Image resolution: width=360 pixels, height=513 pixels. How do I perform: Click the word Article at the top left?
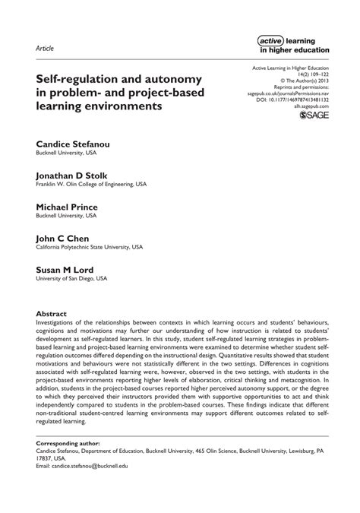click(45, 48)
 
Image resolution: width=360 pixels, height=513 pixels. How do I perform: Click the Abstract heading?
click(52, 314)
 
